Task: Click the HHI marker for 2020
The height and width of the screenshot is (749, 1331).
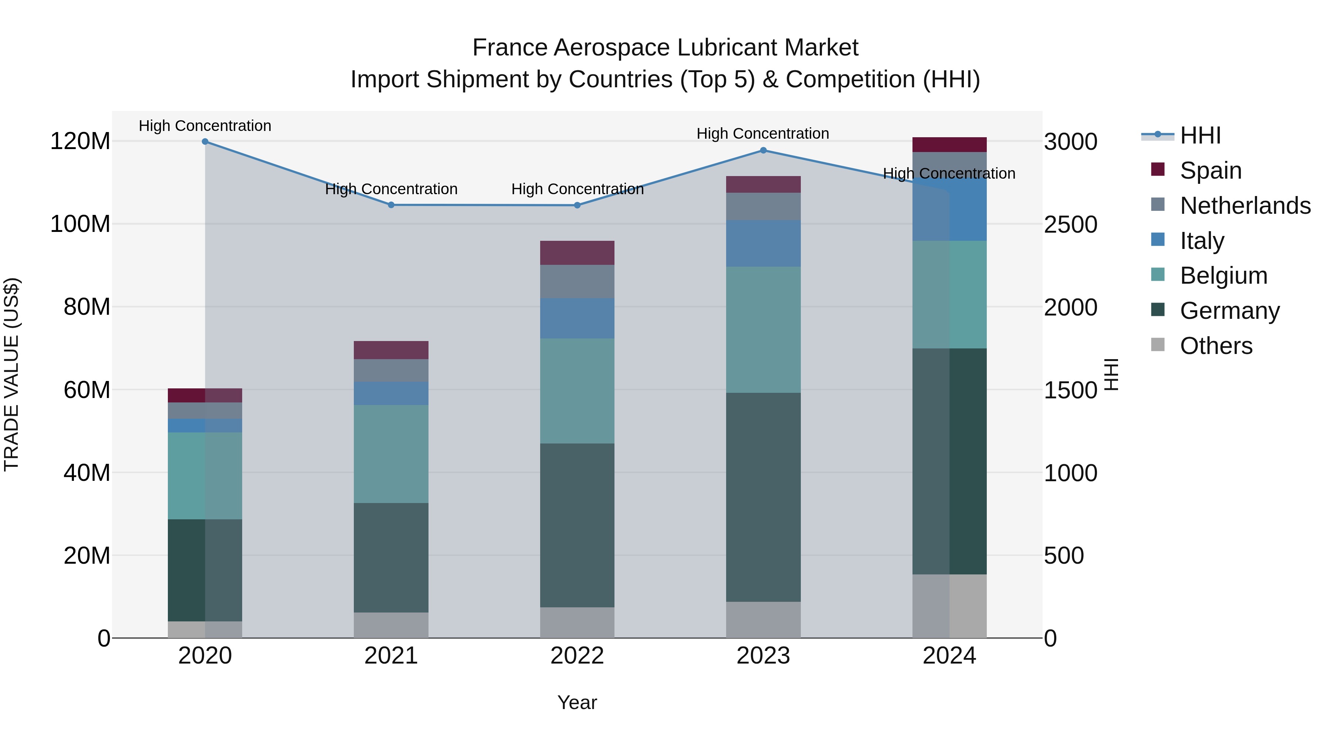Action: [205, 142]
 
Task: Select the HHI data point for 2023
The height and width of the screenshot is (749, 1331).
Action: [763, 151]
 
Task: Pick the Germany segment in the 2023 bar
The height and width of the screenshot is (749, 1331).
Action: [763, 497]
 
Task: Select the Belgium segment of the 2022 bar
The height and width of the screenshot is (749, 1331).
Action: [577, 391]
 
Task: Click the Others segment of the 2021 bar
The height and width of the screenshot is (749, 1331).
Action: [391, 625]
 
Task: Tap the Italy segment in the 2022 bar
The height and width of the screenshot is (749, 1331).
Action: [577, 318]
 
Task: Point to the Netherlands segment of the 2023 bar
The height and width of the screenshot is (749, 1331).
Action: [763, 207]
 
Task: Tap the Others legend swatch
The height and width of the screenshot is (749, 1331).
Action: [1158, 345]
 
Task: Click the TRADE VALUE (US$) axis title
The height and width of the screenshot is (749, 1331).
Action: [11, 374]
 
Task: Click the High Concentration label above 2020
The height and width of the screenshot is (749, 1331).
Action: [205, 126]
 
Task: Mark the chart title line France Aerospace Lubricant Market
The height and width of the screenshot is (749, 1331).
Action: [665, 48]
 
